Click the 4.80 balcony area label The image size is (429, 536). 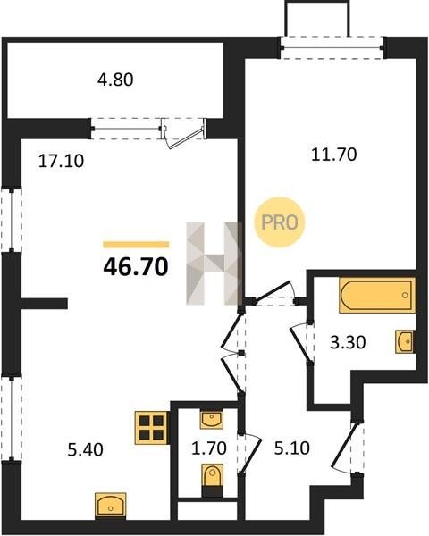115,80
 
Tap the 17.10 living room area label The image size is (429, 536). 61,161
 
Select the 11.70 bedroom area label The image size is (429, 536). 334,155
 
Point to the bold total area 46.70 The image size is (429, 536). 136,267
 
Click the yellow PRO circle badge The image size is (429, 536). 280,222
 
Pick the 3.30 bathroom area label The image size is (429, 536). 348,342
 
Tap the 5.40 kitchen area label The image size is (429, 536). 85,450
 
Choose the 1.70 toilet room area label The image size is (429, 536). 208,448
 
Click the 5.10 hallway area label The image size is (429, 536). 292,448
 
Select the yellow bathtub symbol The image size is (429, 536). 377,296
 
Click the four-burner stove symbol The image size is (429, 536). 151,428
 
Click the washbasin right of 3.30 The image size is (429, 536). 404,341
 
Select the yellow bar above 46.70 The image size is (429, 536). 136,245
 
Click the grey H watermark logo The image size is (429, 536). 214,264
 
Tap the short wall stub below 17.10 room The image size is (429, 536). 44,304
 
